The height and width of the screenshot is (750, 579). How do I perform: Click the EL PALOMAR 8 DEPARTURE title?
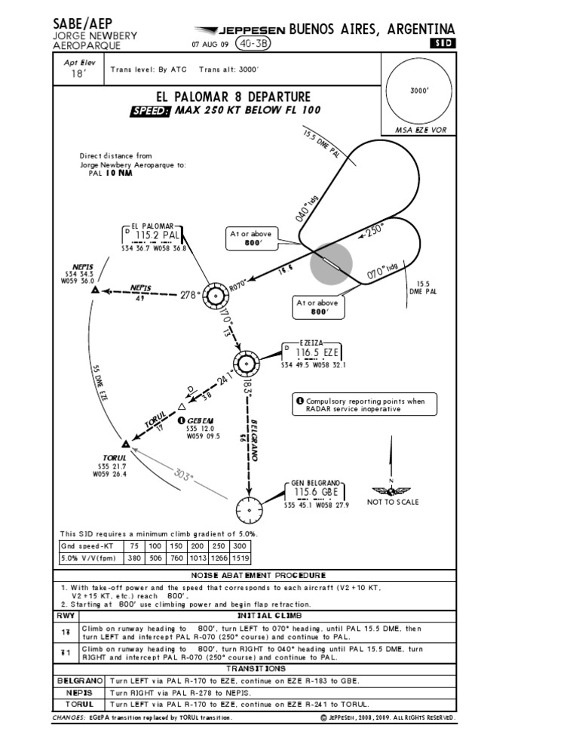click(232, 97)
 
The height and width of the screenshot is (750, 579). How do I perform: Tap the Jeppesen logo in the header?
click(241, 31)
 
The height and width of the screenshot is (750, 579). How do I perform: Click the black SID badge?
click(443, 44)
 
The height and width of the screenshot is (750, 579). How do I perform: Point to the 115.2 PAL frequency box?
click(157, 237)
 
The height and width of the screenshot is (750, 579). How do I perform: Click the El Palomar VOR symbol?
click(215, 296)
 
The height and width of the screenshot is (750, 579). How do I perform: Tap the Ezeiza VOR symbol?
click(247, 363)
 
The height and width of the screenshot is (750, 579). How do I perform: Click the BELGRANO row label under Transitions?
click(80, 681)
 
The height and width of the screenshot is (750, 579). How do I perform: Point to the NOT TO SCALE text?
click(393, 502)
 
